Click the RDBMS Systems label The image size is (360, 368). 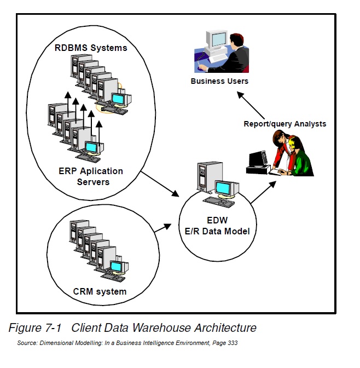pyautogui.click(x=91, y=48)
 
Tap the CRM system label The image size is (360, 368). pyautogui.click(x=100, y=291)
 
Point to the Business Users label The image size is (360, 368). pyautogui.click(x=219, y=81)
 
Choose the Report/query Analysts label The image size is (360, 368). pyautogui.click(x=284, y=124)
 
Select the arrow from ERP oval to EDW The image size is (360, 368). pyautogui.click(x=160, y=184)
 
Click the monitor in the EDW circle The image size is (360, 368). pyautogui.click(x=224, y=188)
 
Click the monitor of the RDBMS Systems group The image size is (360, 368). pyautogui.click(x=118, y=99)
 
